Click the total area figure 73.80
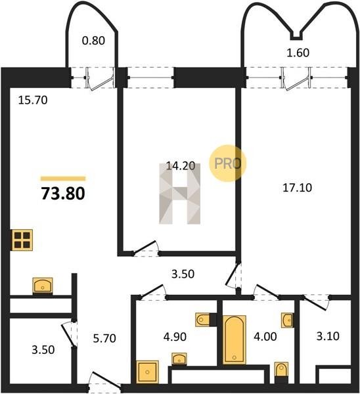tap(63, 194)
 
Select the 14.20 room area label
tap(181, 166)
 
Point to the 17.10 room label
tap(298, 188)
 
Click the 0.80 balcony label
tap(93, 41)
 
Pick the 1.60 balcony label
tap(298, 53)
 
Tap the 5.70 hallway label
tap(104, 338)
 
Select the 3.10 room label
tap(328, 336)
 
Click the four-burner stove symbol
tap(22, 240)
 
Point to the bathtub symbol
tap(235, 339)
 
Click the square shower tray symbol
tap(147, 372)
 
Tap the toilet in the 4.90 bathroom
tap(203, 320)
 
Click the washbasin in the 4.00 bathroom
tap(287, 320)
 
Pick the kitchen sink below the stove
tap(43, 286)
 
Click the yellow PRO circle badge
tap(228, 164)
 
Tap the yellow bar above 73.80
tap(63, 179)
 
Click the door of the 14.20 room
tap(146, 248)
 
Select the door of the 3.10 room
tap(316, 303)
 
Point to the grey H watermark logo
tap(180, 194)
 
